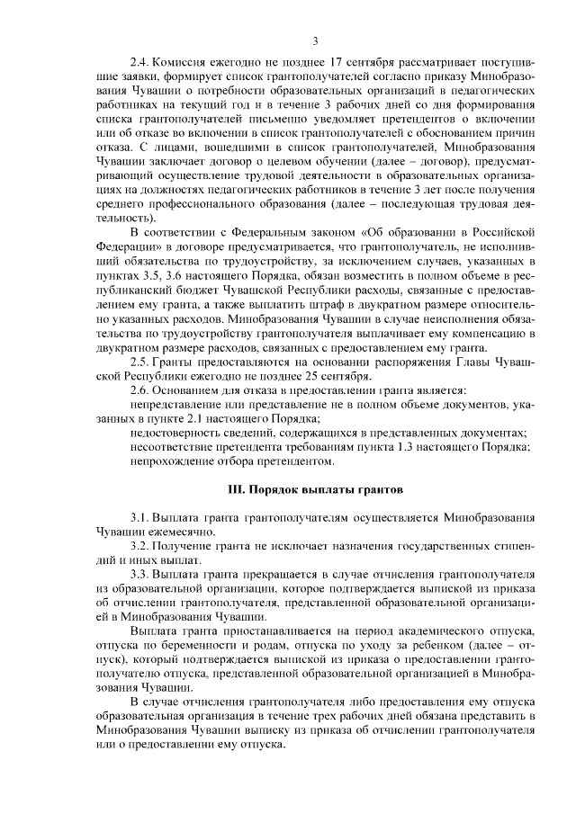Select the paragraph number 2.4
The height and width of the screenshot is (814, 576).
[139, 63]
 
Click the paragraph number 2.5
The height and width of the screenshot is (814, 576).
[139, 360]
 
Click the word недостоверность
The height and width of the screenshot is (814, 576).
[176, 434]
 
